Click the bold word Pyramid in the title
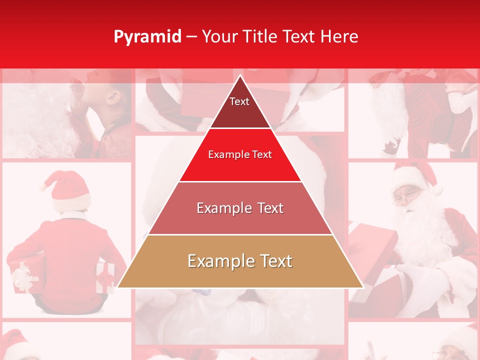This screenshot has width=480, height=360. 147,37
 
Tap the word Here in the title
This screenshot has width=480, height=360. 339,37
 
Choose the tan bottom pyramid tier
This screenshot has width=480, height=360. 240,261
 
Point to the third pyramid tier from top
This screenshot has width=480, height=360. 240,208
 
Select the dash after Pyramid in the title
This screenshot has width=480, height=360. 191,37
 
